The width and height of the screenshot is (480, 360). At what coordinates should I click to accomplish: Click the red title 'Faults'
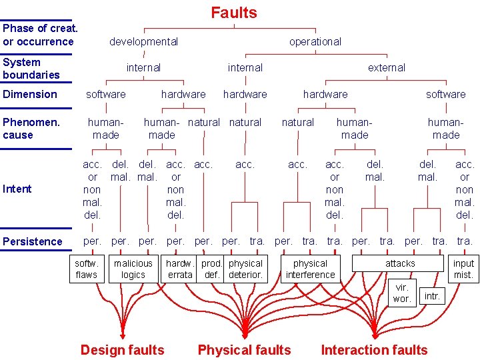(x=234, y=13)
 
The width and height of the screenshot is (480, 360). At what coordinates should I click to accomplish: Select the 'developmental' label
(x=143, y=41)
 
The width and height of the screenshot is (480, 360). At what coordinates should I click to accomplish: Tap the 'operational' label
(x=315, y=41)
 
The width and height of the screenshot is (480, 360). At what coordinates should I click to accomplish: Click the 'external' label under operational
(x=387, y=67)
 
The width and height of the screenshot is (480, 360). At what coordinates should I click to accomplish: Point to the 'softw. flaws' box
(x=87, y=269)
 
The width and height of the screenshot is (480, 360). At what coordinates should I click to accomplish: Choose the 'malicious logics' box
(x=133, y=269)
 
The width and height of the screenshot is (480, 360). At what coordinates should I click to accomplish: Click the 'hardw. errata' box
(x=180, y=269)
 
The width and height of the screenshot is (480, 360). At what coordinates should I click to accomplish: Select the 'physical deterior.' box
(x=245, y=269)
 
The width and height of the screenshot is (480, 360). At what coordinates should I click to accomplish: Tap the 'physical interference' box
(x=310, y=269)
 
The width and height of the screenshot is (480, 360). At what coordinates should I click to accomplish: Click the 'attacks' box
(x=400, y=263)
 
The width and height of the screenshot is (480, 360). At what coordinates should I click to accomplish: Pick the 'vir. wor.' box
(x=402, y=293)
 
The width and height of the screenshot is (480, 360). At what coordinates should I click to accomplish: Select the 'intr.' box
(x=432, y=295)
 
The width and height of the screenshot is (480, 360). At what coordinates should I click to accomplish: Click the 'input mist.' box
(x=463, y=269)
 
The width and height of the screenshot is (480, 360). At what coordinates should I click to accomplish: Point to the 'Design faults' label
(x=122, y=350)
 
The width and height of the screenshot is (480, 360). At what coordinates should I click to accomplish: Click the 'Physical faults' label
(x=244, y=350)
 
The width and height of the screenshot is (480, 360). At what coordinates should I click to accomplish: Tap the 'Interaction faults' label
(x=374, y=350)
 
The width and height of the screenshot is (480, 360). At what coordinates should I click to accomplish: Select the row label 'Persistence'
(x=33, y=241)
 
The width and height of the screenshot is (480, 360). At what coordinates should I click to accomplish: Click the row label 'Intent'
(x=17, y=189)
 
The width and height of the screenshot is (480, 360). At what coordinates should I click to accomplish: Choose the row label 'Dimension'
(x=30, y=94)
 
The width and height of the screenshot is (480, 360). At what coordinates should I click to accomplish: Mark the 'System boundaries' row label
(x=31, y=68)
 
